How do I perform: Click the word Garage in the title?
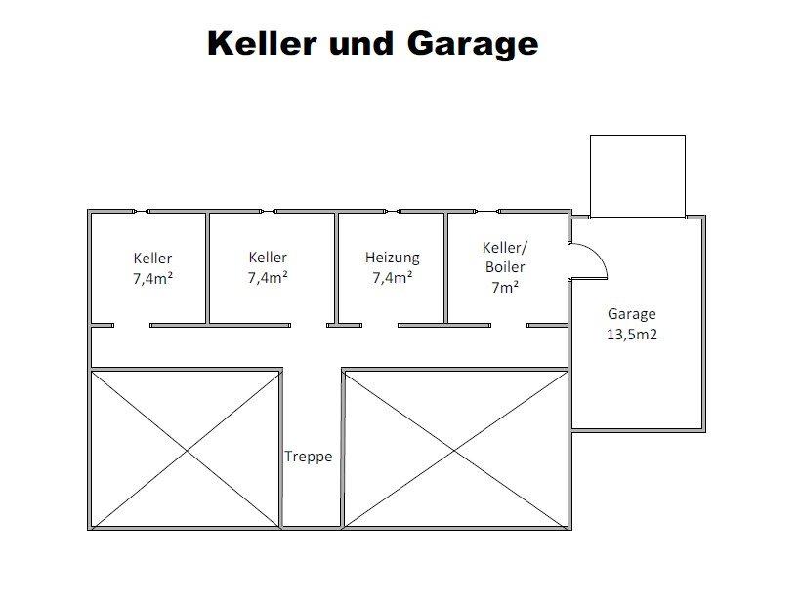(479, 44)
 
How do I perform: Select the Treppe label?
(309, 457)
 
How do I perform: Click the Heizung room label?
(392, 258)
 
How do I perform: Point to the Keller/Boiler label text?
(504, 258)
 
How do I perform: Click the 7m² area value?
(504, 288)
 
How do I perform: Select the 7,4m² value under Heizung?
(392, 277)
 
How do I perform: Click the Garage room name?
(632, 314)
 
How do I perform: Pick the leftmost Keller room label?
(152, 259)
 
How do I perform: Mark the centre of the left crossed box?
(186, 448)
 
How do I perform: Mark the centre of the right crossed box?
(455, 448)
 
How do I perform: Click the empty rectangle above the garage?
(637, 176)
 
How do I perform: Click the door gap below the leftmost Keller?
(132, 325)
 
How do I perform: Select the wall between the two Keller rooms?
(207, 267)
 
